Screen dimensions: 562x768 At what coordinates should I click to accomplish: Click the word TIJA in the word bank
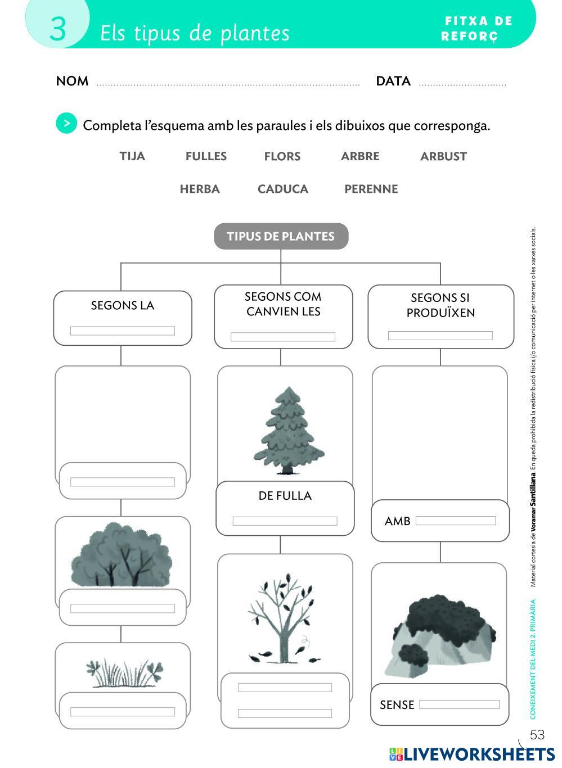pos(132,156)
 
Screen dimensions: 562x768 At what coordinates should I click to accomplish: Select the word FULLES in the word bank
pos(206,156)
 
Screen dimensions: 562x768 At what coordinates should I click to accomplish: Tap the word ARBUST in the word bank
pos(443,156)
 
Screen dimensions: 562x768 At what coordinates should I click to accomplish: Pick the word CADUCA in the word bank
pos(282,189)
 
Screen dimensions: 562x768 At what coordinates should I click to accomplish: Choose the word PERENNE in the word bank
pos(371,189)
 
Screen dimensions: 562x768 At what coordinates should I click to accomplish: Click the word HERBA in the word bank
pos(200,189)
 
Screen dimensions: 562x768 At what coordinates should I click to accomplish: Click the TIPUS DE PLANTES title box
pos(281,236)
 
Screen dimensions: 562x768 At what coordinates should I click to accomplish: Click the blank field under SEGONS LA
pos(122,331)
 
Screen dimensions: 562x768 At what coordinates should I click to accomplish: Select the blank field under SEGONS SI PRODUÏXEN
pos(440,336)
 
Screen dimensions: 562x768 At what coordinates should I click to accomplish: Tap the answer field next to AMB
pos(455,521)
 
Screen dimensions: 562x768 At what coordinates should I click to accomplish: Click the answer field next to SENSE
pos(459,704)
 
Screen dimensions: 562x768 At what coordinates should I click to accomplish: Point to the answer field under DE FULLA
pos(285,521)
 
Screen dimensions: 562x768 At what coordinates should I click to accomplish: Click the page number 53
pos(537,735)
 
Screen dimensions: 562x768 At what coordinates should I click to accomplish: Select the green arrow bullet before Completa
pos(66,123)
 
